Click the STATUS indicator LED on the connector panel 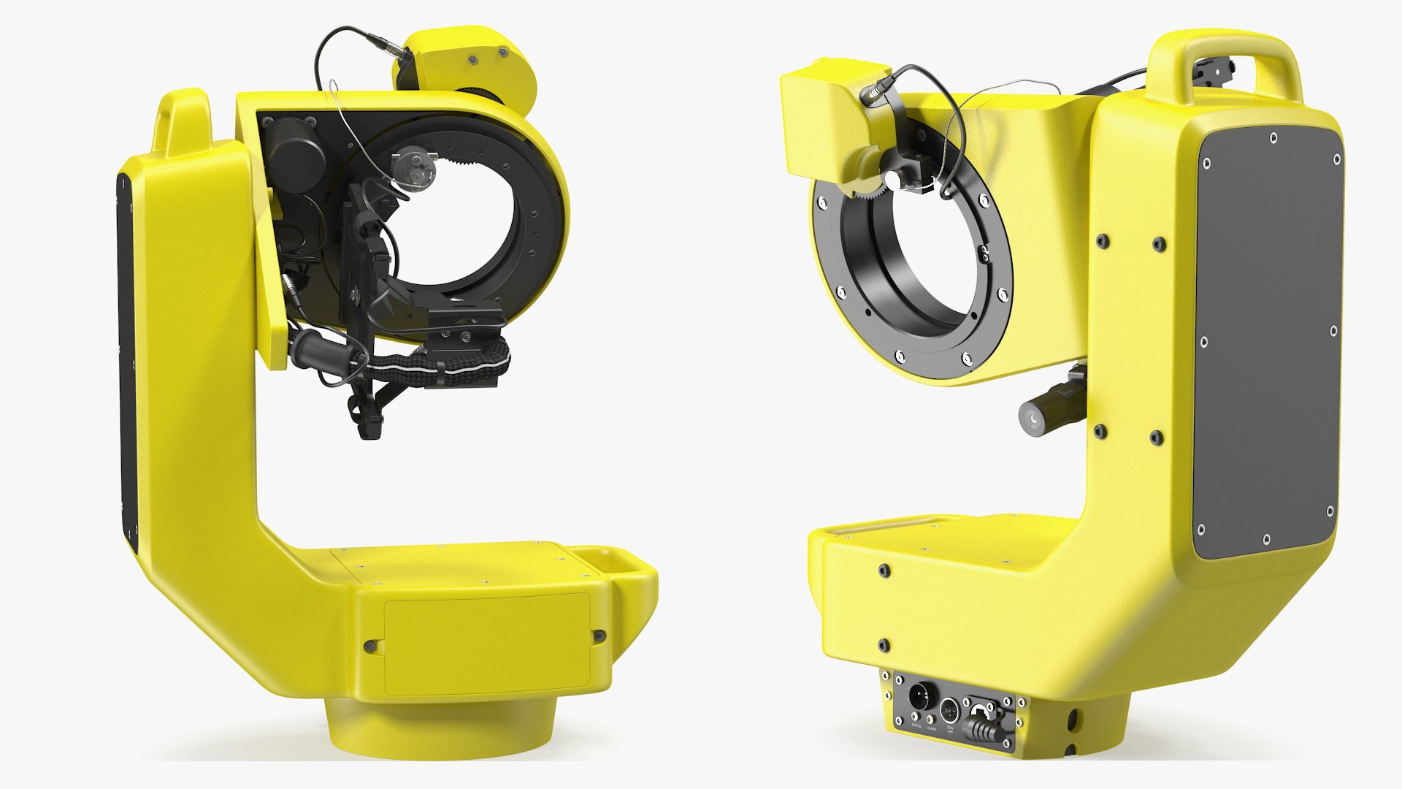point(914,717)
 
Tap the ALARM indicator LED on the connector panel point(930,719)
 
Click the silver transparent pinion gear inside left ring point(413,168)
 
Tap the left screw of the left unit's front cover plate point(369,646)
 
